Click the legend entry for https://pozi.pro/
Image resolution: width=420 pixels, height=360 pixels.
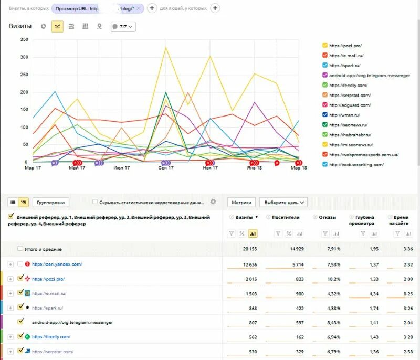click(x=345, y=46)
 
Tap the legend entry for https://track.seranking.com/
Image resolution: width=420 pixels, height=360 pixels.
click(x=356, y=164)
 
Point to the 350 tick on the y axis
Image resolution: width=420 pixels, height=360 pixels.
click(x=24, y=39)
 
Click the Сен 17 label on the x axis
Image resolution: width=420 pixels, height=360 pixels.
click(x=166, y=168)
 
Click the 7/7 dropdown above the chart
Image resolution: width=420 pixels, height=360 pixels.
click(x=123, y=26)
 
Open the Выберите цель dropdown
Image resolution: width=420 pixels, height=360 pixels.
click(x=283, y=202)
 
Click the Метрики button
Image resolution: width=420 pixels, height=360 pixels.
click(x=241, y=202)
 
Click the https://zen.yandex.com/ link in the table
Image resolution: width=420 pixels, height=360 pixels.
click(x=57, y=264)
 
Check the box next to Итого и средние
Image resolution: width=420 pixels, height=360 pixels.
click(x=20, y=249)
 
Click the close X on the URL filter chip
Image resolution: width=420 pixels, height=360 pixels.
click(x=139, y=8)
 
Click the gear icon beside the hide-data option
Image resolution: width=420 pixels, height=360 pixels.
click(x=213, y=202)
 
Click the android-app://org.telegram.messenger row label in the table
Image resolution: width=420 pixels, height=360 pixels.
click(x=72, y=322)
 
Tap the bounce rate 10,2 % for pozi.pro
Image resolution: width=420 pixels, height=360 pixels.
click(x=327, y=279)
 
